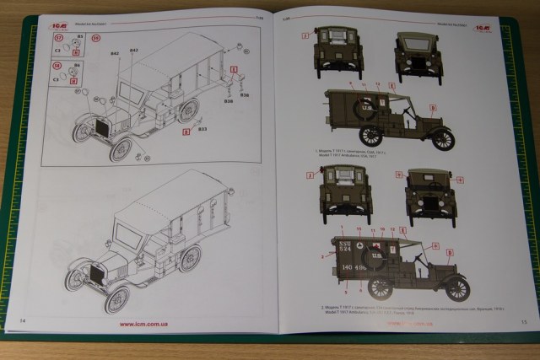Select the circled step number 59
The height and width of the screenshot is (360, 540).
pyautogui.click(x=94, y=39)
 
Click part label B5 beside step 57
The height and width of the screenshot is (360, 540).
pyautogui.click(x=79, y=38)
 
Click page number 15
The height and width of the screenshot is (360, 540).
pyautogui.click(x=523, y=321)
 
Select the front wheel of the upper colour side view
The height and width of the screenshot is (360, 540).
pyautogui.click(x=443, y=139)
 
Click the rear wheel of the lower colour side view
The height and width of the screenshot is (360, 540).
pyautogui.click(x=381, y=287)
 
